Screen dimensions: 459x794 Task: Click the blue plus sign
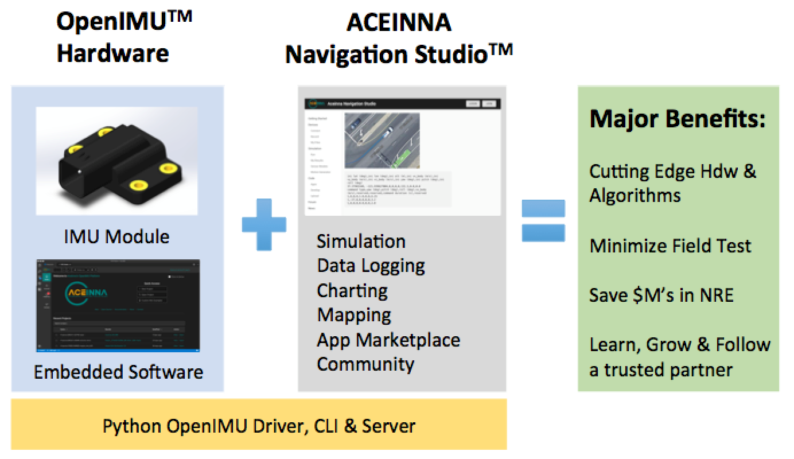pyautogui.click(x=264, y=224)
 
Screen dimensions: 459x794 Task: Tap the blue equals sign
pyautogui.click(x=543, y=220)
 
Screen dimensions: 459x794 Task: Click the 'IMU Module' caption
pyautogui.click(x=117, y=236)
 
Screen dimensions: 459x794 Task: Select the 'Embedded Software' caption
pyautogui.click(x=118, y=372)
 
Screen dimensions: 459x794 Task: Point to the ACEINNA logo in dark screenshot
pyautogui.click(x=86, y=291)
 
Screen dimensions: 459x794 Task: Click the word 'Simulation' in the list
pyautogui.click(x=361, y=241)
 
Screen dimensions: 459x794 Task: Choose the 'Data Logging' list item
pyautogui.click(x=371, y=266)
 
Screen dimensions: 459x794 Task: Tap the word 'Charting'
pyautogui.click(x=352, y=290)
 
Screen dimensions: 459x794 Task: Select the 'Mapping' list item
pyautogui.click(x=354, y=315)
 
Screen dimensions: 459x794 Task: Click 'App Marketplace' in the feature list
pyautogui.click(x=388, y=340)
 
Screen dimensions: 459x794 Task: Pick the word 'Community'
pyautogui.click(x=365, y=364)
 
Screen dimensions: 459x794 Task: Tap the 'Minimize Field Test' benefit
pyautogui.click(x=670, y=246)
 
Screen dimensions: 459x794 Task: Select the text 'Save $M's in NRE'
pyautogui.click(x=661, y=295)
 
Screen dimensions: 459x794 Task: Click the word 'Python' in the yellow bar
pyautogui.click(x=133, y=426)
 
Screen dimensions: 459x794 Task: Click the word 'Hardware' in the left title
pyautogui.click(x=112, y=53)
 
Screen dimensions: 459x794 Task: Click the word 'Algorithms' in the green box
pyautogui.click(x=635, y=195)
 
